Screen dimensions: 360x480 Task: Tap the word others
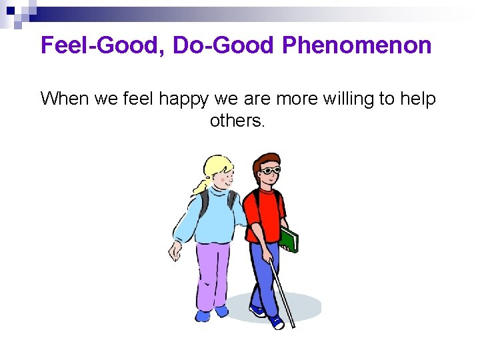pyautogui.click(x=237, y=121)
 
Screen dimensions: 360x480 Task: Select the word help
pyautogui.click(x=418, y=99)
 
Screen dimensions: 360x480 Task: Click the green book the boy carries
pyautogui.click(x=289, y=239)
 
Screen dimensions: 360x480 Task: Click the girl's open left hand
pyautogui.click(x=175, y=251)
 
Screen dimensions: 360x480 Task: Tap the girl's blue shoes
pyautogui.click(x=212, y=312)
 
